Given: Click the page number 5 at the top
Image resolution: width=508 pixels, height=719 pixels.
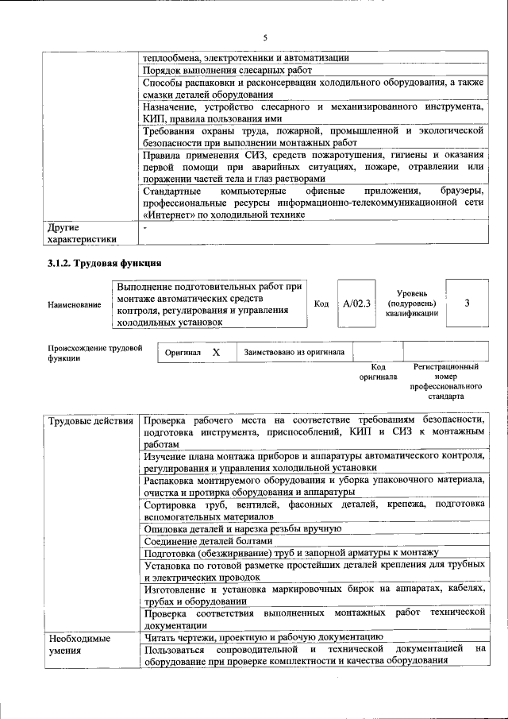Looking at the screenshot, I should click(265, 38).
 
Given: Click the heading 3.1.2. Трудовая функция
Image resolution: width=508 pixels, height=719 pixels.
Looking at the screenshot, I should click(105, 263).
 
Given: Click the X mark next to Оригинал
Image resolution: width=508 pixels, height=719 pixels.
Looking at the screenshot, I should click(215, 351).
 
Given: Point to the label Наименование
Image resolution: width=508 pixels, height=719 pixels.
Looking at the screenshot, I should click(75, 303).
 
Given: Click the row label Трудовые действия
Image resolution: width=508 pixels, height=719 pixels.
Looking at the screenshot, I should click(90, 419).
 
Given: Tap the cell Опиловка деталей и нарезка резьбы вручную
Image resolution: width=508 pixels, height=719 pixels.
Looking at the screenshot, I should click(242, 528).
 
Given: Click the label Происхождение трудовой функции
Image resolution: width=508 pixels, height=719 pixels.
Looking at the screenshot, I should click(94, 353).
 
